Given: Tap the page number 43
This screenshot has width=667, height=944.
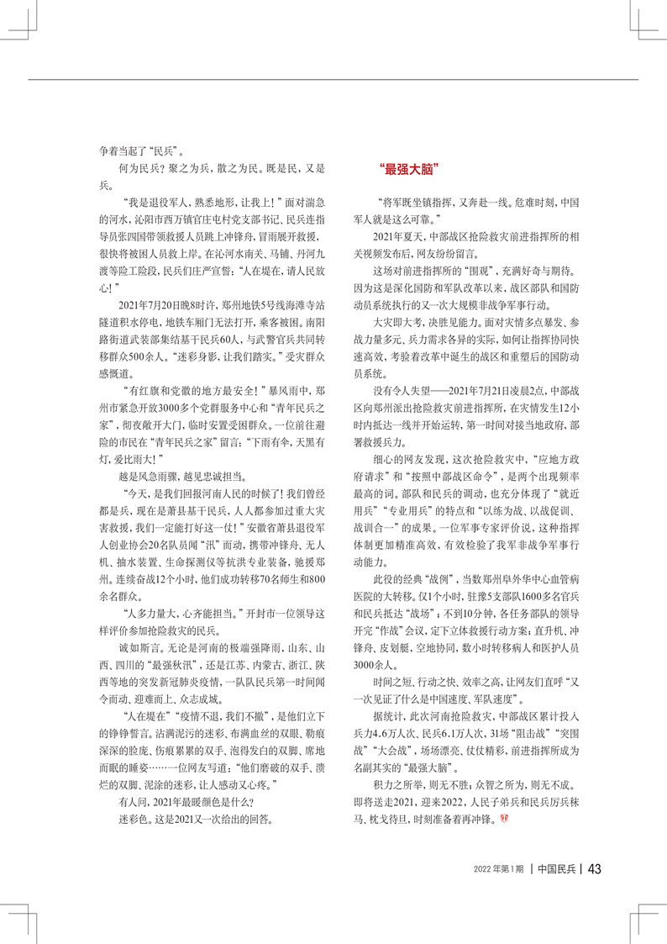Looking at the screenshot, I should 593,868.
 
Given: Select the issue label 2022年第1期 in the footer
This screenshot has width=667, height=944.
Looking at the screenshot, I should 498,869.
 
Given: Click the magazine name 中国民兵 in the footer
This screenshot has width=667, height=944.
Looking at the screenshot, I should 555,869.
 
